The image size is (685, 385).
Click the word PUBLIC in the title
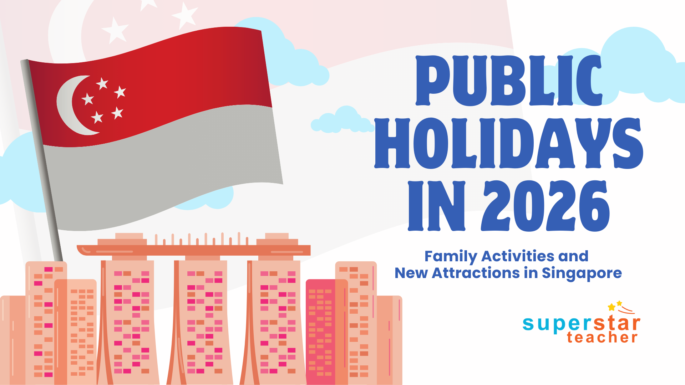pyautogui.click(x=508, y=81)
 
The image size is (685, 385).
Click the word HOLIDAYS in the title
pyautogui.click(x=508, y=143)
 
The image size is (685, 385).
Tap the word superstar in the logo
pyautogui.click(x=581, y=324)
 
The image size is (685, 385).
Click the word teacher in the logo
pyautogui.click(x=602, y=337)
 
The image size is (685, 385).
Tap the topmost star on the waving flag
pyautogui.click(x=102, y=84)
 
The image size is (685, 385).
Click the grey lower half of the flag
pyautogui.click(x=161, y=171)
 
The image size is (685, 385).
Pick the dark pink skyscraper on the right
pyautogui.click(x=320, y=332)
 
